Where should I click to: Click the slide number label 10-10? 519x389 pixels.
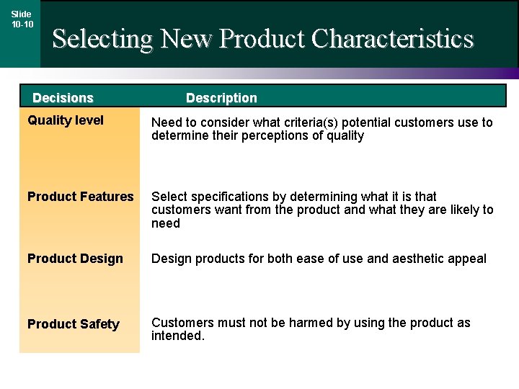22,24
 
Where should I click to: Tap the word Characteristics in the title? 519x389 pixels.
392,38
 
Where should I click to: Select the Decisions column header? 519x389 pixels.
63,98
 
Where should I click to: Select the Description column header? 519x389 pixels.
221,98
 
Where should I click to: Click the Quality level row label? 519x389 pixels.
66,121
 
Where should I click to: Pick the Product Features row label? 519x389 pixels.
81,197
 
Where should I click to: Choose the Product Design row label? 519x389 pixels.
75,259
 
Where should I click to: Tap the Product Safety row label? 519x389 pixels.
73,324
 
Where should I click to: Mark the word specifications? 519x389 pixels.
221,197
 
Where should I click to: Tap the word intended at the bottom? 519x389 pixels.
178,336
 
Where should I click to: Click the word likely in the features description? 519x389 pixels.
461,210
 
